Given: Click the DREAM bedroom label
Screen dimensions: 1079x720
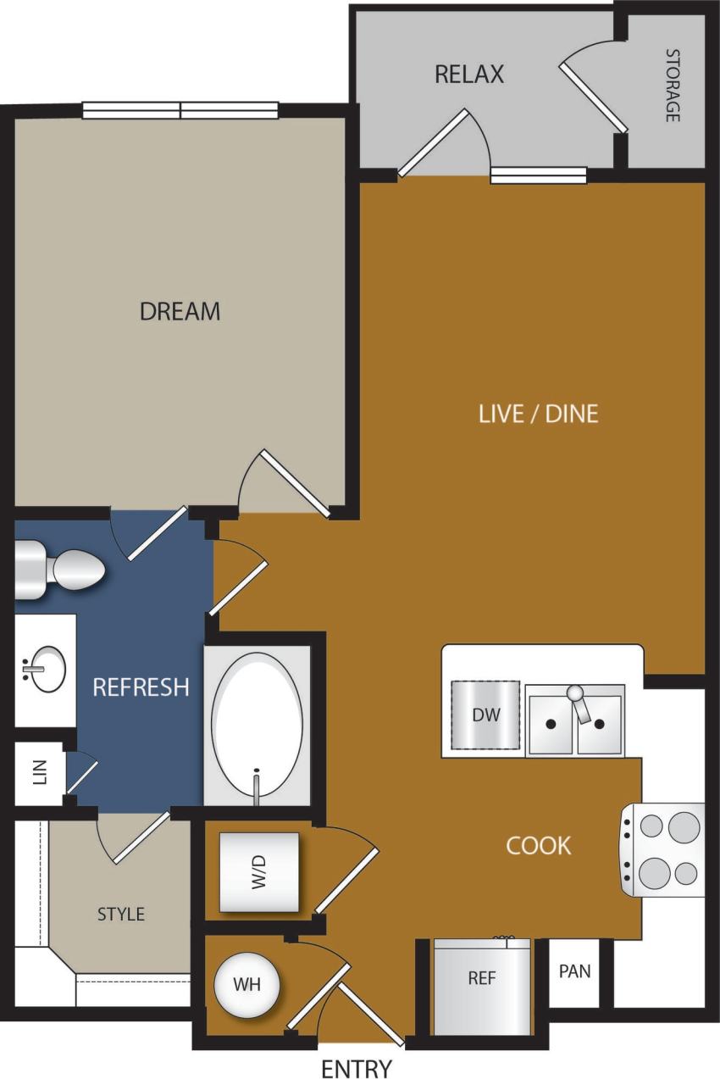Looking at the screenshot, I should [180, 311].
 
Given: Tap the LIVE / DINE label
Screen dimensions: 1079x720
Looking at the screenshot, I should [539, 414].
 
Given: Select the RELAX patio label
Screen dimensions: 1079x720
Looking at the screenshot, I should [469, 74].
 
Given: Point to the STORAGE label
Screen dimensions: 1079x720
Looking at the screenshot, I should [673, 86].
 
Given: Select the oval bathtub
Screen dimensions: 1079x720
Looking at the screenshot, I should [257, 725].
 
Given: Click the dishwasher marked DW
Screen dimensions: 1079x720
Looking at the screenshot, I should [485, 715].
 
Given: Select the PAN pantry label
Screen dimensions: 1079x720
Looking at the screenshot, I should [574, 971].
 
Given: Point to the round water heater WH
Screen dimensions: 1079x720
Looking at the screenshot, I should [246, 985].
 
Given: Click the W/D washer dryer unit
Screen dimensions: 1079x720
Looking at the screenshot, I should [259, 871].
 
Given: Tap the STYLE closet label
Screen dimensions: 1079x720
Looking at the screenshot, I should [121, 914].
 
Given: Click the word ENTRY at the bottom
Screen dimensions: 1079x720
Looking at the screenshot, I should [357, 1069].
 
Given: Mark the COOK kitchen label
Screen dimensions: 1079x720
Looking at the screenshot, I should [539, 845].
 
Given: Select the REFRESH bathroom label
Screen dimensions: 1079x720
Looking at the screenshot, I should [141, 687].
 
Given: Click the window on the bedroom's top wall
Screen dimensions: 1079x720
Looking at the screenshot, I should [180, 110].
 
